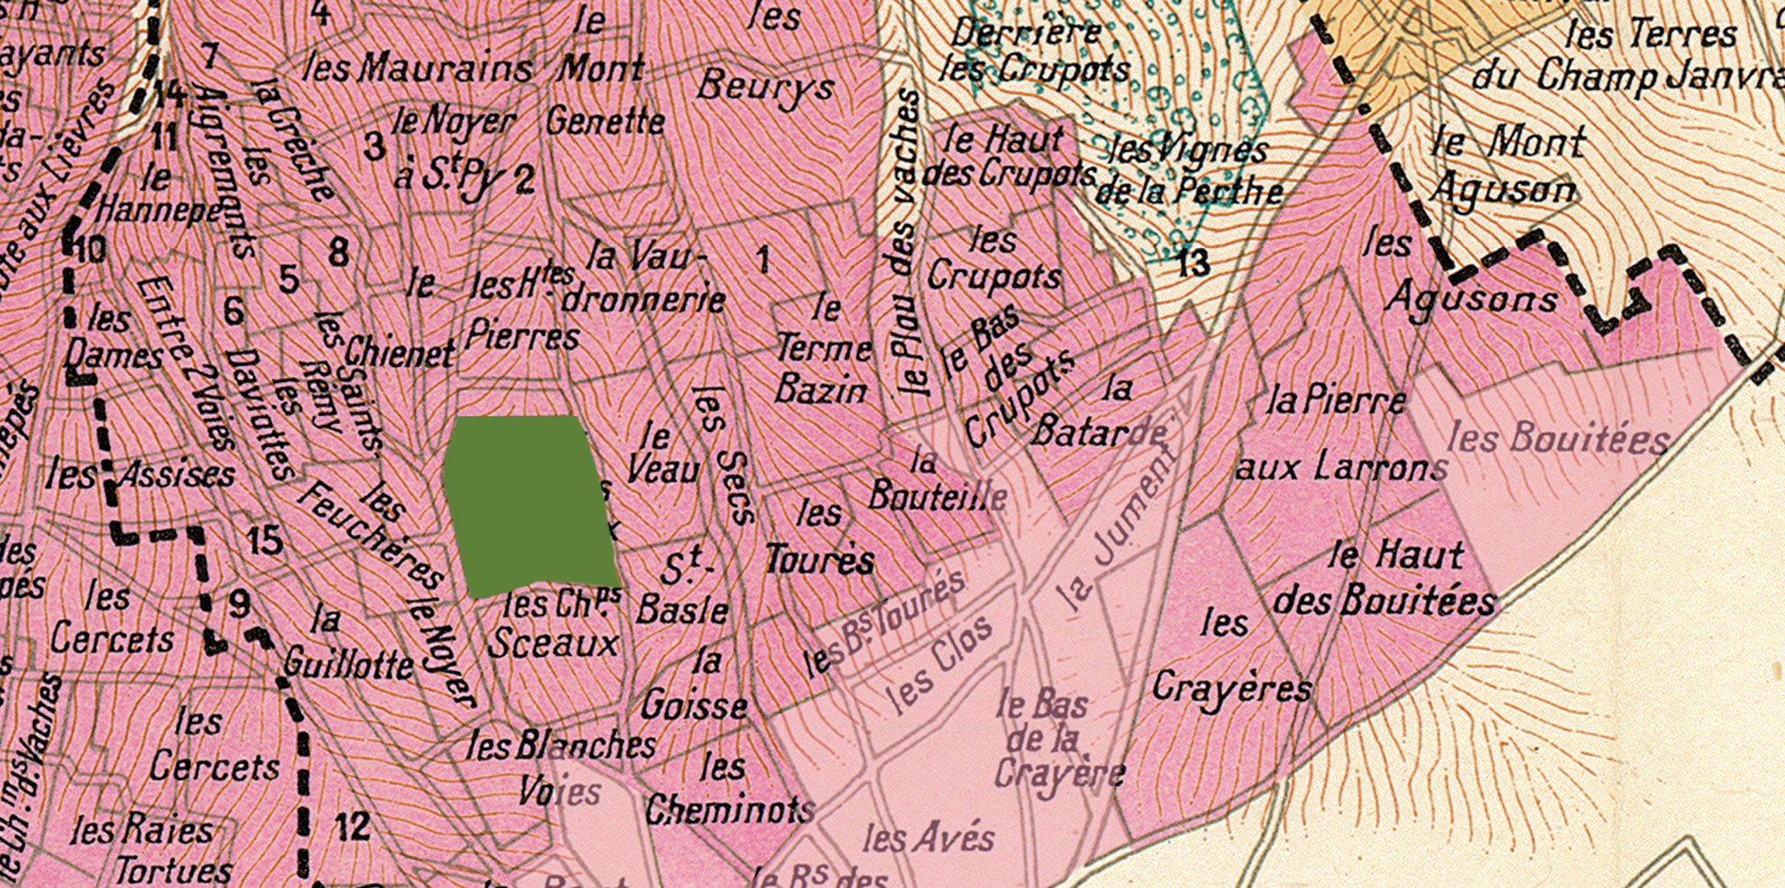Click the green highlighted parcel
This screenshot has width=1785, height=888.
coord(531,504)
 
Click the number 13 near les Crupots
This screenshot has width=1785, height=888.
coord(1192,262)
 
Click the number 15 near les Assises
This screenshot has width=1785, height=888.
coord(264,541)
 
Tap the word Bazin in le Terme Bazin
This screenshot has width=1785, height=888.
coord(820,389)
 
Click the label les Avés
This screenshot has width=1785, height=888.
coord(928,837)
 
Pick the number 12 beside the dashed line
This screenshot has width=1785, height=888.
coord(352,826)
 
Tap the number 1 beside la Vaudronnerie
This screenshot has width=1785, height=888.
coord(762,260)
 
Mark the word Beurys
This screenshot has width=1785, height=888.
coord(766,87)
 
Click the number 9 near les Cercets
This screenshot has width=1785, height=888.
coord(239,604)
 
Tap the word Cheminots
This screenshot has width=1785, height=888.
coord(730,809)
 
